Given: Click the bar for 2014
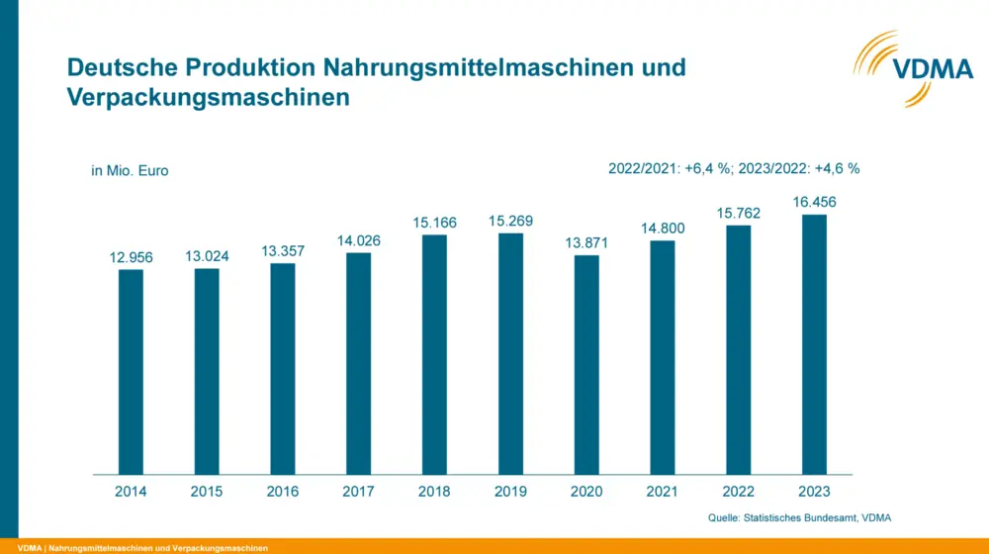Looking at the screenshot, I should [131, 371].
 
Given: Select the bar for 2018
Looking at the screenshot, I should [434, 354].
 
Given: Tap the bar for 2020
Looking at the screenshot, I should [586, 364].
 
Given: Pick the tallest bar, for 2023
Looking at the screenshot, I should [814, 344].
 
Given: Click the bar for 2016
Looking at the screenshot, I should [283, 368].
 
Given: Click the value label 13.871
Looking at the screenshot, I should [586, 243].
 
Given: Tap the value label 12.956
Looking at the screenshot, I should [131, 257].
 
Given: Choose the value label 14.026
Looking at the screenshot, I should [358, 240].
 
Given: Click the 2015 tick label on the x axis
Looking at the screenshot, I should [207, 491].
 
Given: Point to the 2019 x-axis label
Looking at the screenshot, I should [510, 491].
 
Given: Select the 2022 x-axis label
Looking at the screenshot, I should [738, 491].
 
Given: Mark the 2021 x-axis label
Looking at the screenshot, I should [662, 491].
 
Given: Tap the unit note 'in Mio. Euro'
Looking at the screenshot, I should [130, 170].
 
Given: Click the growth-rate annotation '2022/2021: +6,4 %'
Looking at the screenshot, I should [670, 168].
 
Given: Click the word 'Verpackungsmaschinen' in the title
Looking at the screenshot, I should [208, 98].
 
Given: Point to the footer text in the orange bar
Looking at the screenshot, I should [142, 547].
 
